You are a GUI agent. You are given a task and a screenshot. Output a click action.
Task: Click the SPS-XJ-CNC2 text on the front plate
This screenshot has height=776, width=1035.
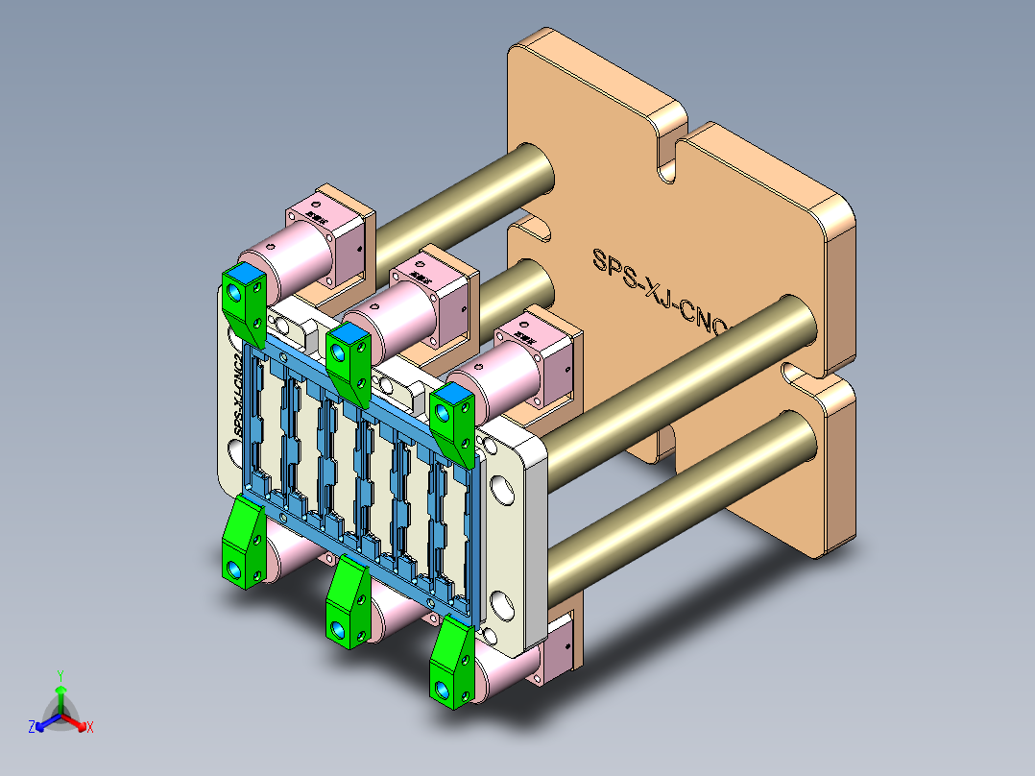coord(239,395)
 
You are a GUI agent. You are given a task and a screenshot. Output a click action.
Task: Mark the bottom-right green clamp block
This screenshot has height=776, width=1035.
coord(450,663)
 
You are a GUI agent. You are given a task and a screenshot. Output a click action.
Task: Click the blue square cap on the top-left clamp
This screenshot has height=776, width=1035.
coord(245,275)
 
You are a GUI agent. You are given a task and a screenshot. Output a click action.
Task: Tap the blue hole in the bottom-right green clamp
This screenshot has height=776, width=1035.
coord(441,690)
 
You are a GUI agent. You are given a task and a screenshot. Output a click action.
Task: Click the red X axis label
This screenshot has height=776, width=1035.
coord(90,728)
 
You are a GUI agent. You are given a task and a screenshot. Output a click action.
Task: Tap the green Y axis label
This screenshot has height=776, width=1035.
coord(60,674)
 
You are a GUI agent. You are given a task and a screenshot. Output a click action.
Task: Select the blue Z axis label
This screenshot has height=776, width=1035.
coord(32,728)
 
